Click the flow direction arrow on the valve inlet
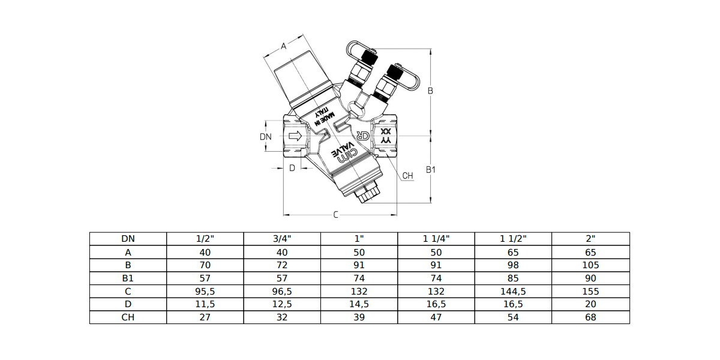pyautogui.click(x=295, y=136)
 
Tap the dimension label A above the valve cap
pyautogui.click(x=283, y=46)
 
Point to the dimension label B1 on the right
pyautogui.click(x=431, y=169)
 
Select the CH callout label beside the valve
pyautogui.click(x=407, y=175)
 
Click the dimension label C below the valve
pyautogui.click(x=335, y=214)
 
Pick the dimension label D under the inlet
pyautogui.click(x=292, y=168)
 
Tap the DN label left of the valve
pyautogui.click(x=265, y=137)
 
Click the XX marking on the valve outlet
pyautogui.click(x=386, y=131)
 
